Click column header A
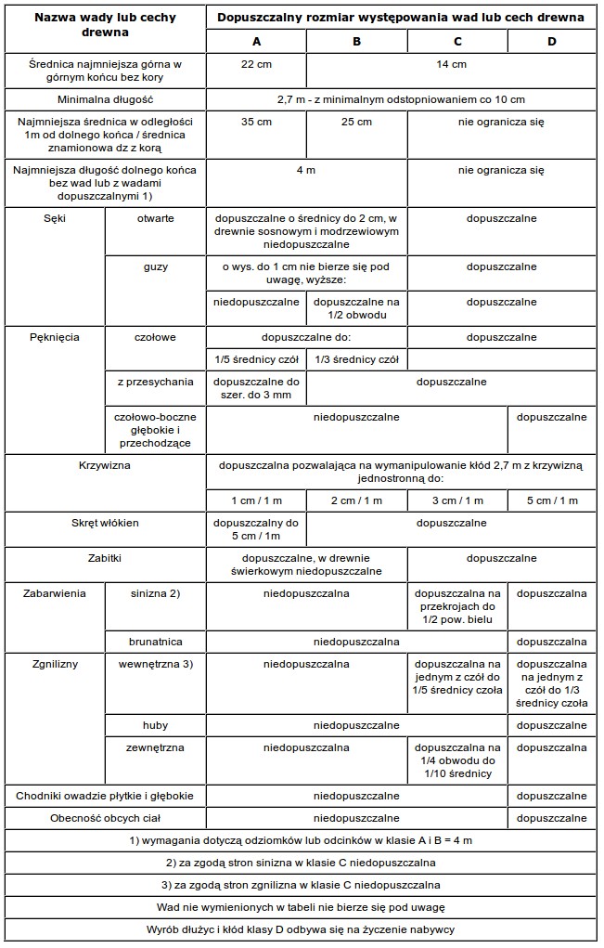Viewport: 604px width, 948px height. coord(256,41)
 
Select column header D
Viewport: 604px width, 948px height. coord(552,41)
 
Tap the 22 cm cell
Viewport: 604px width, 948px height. coord(256,64)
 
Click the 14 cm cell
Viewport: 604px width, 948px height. coord(452,64)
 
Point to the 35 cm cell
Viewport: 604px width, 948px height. coord(256,122)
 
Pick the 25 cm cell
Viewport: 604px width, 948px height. coord(356,122)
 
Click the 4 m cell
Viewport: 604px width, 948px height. coord(306,170)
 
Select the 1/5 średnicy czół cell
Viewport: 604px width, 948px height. coord(256,359)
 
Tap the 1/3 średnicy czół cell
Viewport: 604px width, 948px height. coord(356,359)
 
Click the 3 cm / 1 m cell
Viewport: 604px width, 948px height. coord(457,500)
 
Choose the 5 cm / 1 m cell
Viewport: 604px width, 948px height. coord(552,500)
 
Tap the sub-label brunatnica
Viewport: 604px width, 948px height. coord(155,641)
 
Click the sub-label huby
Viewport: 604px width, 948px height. coord(155,724)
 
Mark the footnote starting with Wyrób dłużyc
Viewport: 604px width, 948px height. coord(302,929)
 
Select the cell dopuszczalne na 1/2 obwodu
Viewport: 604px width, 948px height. coord(356,308)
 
